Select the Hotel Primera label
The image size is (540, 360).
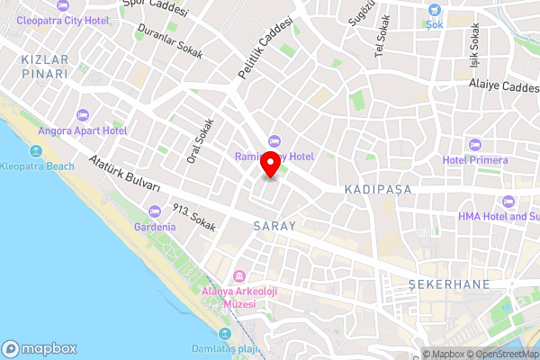coord(475,160)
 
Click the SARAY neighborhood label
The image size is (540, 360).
coord(274,226)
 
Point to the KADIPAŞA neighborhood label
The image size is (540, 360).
coord(377,190)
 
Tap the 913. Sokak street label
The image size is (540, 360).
coord(194,219)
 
